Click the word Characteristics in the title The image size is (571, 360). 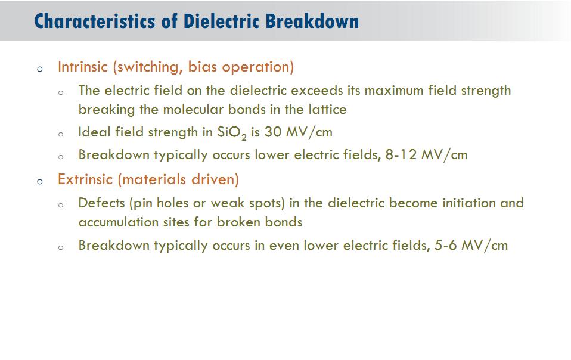(x=94, y=21)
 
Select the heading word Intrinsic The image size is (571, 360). (x=83, y=67)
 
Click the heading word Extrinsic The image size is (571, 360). (x=85, y=179)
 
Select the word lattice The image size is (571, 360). (x=327, y=109)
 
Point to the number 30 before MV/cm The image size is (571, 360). (x=273, y=132)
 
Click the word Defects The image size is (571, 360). (x=101, y=203)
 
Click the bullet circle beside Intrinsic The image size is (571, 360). (x=40, y=69)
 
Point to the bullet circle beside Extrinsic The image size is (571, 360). (x=40, y=181)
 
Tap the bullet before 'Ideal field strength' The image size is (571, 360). (x=61, y=134)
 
